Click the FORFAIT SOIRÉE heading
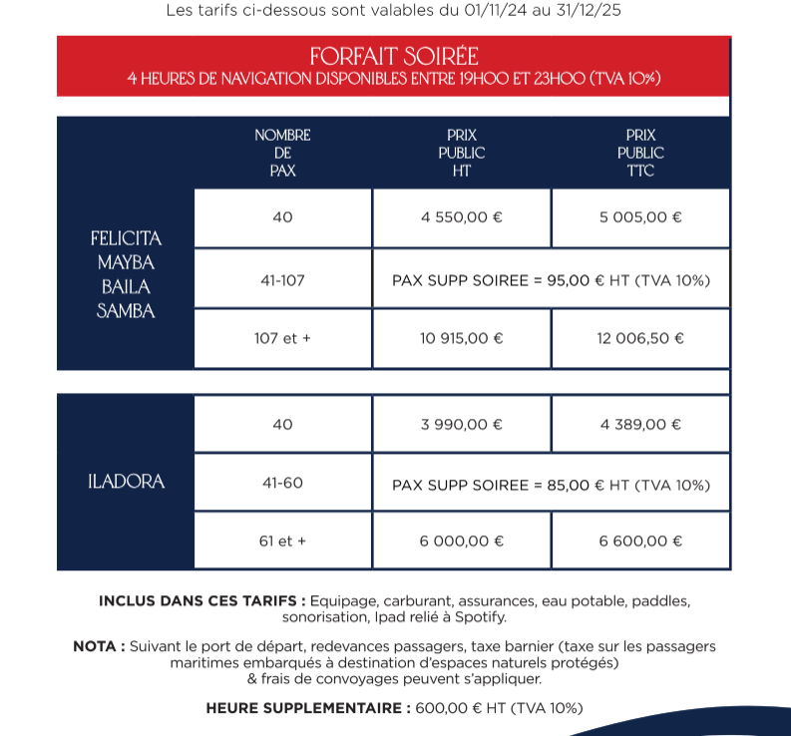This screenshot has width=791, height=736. tap(394, 56)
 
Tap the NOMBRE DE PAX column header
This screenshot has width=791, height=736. tap(282, 153)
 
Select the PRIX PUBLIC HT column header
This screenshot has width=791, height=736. tap(461, 153)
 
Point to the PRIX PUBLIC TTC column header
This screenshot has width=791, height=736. tap(640, 153)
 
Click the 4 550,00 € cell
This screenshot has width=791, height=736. tap(462, 217)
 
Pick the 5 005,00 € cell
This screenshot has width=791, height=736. tap(640, 217)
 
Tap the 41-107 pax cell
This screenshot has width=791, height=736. tap(282, 280)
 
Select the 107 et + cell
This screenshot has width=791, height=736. tap(282, 338)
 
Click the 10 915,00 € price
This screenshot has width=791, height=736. tap(462, 338)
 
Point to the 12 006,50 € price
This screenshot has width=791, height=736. tap(640, 338)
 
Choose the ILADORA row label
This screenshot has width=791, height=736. tap(127, 482)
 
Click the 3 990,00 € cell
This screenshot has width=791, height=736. tap(462, 424)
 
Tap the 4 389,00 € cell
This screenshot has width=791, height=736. tap(640, 424)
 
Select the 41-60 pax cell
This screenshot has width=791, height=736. tap(282, 484)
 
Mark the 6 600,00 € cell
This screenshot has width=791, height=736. tap(640, 542)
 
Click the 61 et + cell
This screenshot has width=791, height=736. tap(282, 542)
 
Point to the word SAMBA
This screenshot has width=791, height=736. tap(127, 311)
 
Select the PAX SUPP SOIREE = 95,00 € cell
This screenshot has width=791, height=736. tap(551, 280)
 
